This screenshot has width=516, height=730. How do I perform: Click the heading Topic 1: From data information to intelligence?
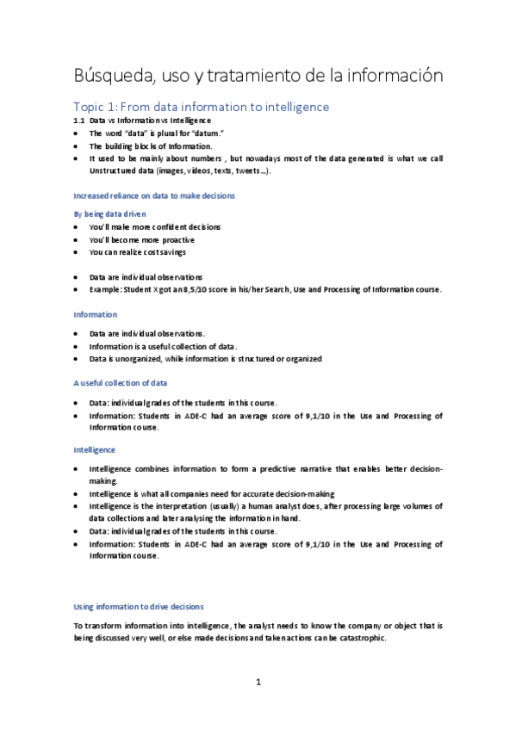201,107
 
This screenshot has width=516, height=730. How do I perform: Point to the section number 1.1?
79,121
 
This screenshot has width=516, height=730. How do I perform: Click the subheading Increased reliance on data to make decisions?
154,196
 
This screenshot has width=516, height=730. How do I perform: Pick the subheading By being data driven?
109,213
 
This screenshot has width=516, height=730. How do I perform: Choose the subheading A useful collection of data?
121,381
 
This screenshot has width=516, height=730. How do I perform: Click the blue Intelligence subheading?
95,449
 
